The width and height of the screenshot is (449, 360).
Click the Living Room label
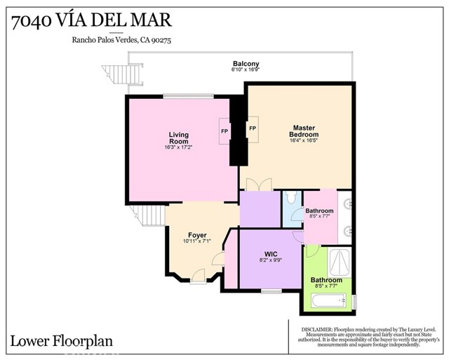[x=179, y=138]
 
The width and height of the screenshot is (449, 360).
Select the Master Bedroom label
[x=304, y=131]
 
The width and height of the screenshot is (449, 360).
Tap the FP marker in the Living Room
[x=224, y=131]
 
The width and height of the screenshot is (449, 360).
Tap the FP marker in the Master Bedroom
[x=253, y=128]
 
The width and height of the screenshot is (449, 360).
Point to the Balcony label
[x=246, y=64]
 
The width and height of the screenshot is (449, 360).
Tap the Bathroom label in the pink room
[x=319, y=211]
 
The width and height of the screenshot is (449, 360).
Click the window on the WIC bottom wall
[x=271, y=290]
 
